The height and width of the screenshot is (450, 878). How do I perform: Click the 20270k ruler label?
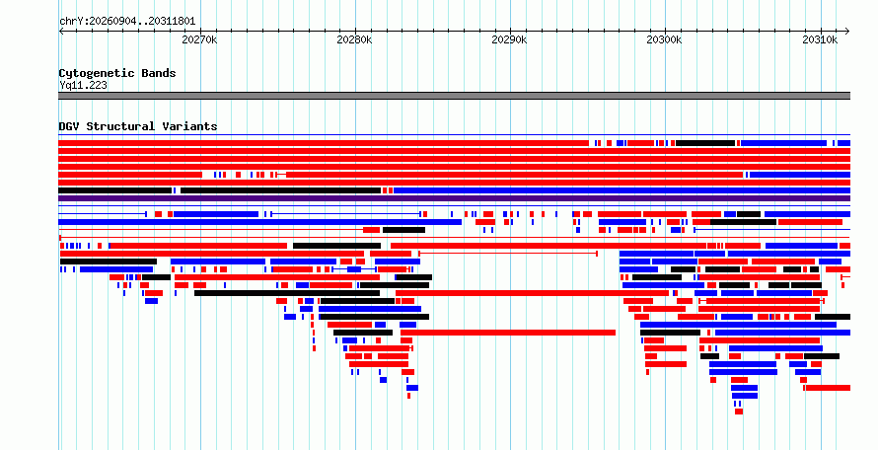(x=199, y=39)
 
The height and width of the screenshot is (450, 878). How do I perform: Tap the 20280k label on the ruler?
(x=354, y=39)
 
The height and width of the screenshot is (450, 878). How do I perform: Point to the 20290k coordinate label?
(x=509, y=39)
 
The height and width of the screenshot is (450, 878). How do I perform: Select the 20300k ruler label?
(x=664, y=39)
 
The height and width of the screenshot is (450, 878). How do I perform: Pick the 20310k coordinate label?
(x=820, y=39)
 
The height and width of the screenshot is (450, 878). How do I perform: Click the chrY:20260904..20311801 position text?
(x=127, y=22)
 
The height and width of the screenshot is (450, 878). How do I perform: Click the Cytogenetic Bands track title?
(x=117, y=73)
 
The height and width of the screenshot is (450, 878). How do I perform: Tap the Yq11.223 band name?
(x=83, y=85)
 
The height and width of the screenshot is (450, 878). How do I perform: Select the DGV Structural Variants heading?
(x=138, y=126)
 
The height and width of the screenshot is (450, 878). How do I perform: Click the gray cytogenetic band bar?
(x=454, y=96)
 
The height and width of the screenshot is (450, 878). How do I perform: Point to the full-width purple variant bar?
(x=454, y=198)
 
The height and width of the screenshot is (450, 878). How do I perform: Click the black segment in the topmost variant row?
(x=705, y=143)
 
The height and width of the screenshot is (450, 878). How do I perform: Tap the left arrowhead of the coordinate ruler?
(x=61, y=32)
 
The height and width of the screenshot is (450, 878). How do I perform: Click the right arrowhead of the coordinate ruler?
(x=847, y=32)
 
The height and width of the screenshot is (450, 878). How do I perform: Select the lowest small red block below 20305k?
(x=739, y=412)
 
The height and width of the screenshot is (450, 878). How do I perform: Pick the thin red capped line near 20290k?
(x=508, y=254)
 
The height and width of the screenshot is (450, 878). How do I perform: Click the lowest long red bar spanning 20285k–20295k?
(x=508, y=333)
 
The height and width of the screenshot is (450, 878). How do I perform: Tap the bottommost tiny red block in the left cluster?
(x=408, y=396)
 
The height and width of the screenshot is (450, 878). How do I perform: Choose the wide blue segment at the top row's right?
(x=783, y=143)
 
